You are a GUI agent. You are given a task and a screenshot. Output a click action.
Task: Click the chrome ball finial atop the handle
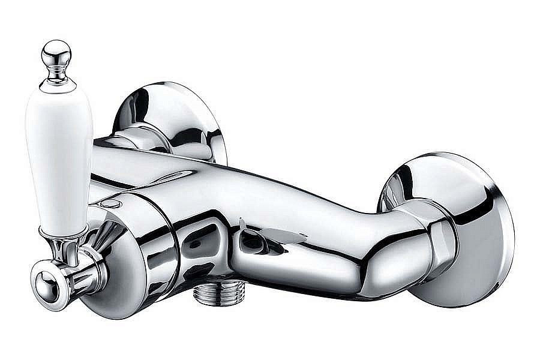coord(56,54)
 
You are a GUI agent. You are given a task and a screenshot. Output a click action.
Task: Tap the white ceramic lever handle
coord(59,162)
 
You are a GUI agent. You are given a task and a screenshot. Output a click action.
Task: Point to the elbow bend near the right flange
coord(384,240)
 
